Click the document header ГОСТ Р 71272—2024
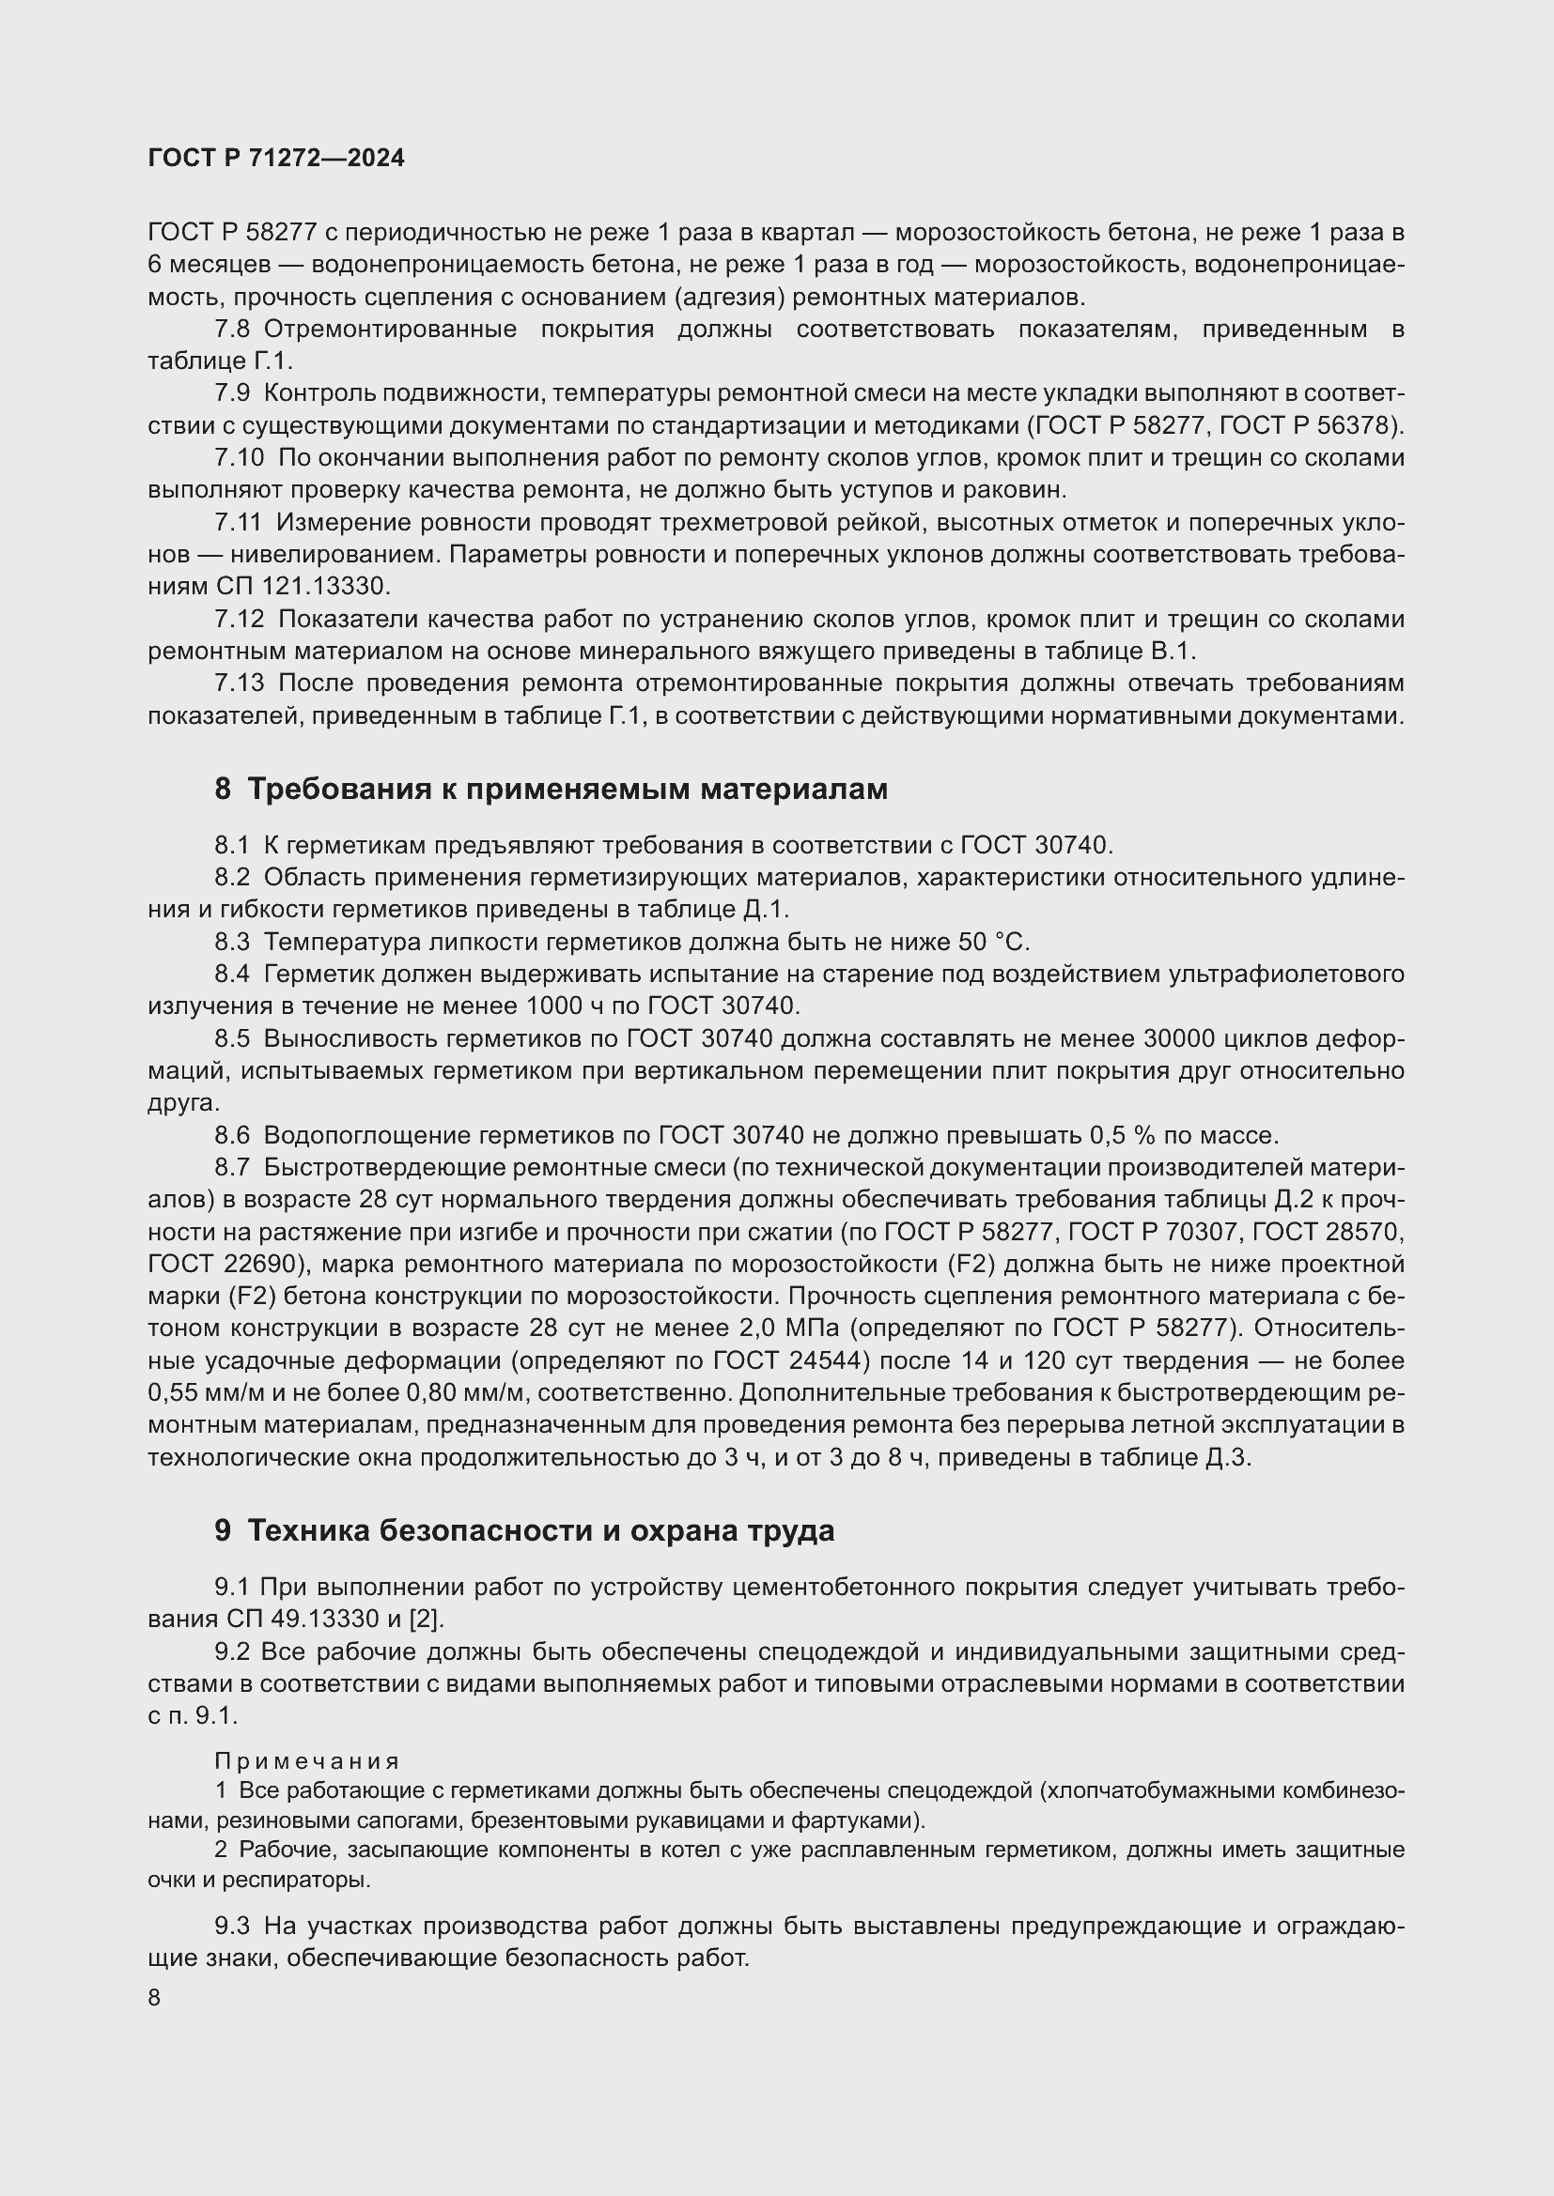pos(276,159)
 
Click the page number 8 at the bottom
pos(155,1998)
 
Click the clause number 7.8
pos(231,330)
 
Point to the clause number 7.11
pos(238,523)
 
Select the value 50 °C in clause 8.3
pos(992,942)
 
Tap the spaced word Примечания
pos(306,1759)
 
